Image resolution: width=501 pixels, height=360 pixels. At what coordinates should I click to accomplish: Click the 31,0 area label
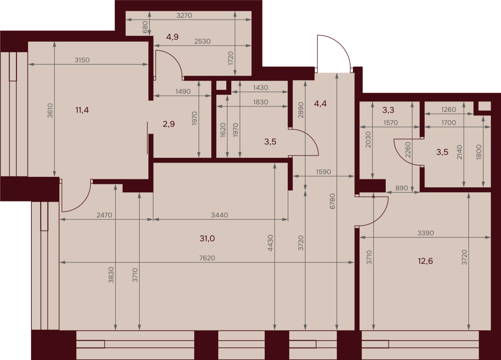click(x=207, y=239)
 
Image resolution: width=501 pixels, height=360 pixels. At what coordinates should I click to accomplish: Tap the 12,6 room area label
click(x=425, y=261)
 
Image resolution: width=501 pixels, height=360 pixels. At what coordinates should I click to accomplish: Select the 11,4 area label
click(x=82, y=110)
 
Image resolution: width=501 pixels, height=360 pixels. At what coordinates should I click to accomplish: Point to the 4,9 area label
click(x=172, y=37)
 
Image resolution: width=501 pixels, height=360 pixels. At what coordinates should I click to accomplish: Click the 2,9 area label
click(x=169, y=124)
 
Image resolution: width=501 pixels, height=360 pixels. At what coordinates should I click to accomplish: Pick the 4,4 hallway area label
click(x=320, y=104)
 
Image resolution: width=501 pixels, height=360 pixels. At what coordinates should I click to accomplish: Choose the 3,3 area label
click(x=388, y=110)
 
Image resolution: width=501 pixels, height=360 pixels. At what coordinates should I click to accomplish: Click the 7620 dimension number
click(x=207, y=258)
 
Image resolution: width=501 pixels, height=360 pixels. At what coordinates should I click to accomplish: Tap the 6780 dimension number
click(x=333, y=201)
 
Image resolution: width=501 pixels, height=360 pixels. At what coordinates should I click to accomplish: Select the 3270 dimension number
click(x=184, y=15)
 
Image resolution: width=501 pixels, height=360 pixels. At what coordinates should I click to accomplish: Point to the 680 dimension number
click(x=145, y=27)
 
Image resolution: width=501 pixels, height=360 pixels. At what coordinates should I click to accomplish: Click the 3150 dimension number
click(x=82, y=60)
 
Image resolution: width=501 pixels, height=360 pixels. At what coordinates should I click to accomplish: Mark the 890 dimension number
click(x=402, y=188)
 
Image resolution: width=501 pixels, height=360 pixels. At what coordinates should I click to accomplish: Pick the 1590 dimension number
click(x=323, y=171)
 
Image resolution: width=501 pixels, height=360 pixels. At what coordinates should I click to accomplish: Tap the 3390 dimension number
click(x=425, y=233)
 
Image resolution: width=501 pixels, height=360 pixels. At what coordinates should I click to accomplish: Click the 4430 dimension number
click(x=271, y=243)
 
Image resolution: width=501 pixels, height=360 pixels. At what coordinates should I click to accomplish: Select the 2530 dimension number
click(x=202, y=41)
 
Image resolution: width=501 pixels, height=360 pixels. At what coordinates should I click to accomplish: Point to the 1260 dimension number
click(x=448, y=109)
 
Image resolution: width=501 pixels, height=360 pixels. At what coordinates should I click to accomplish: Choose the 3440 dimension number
click(x=220, y=215)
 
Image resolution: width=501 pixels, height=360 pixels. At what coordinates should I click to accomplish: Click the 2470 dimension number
click(x=104, y=215)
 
